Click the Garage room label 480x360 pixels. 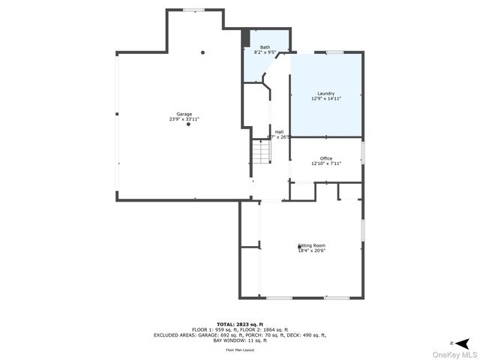click(x=184, y=114)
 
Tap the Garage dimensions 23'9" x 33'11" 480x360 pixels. click(x=184, y=119)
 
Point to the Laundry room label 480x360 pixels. click(x=325, y=94)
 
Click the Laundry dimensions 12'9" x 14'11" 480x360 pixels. click(x=325, y=99)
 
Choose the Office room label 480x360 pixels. click(x=325, y=158)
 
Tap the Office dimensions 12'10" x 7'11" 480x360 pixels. click(x=325, y=163)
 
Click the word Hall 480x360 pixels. click(x=279, y=132)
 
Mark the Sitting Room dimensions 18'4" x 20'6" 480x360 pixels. click(x=312, y=250)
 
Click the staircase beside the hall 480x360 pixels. click(x=259, y=154)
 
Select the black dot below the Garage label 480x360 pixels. click(x=188, y=124)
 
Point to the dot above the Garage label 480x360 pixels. click(x=202, y=52)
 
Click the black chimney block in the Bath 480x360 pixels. click(x=244, y=37)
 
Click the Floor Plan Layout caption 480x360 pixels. click(x=240, y=349)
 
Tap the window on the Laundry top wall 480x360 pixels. click(x=334, y=52)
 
